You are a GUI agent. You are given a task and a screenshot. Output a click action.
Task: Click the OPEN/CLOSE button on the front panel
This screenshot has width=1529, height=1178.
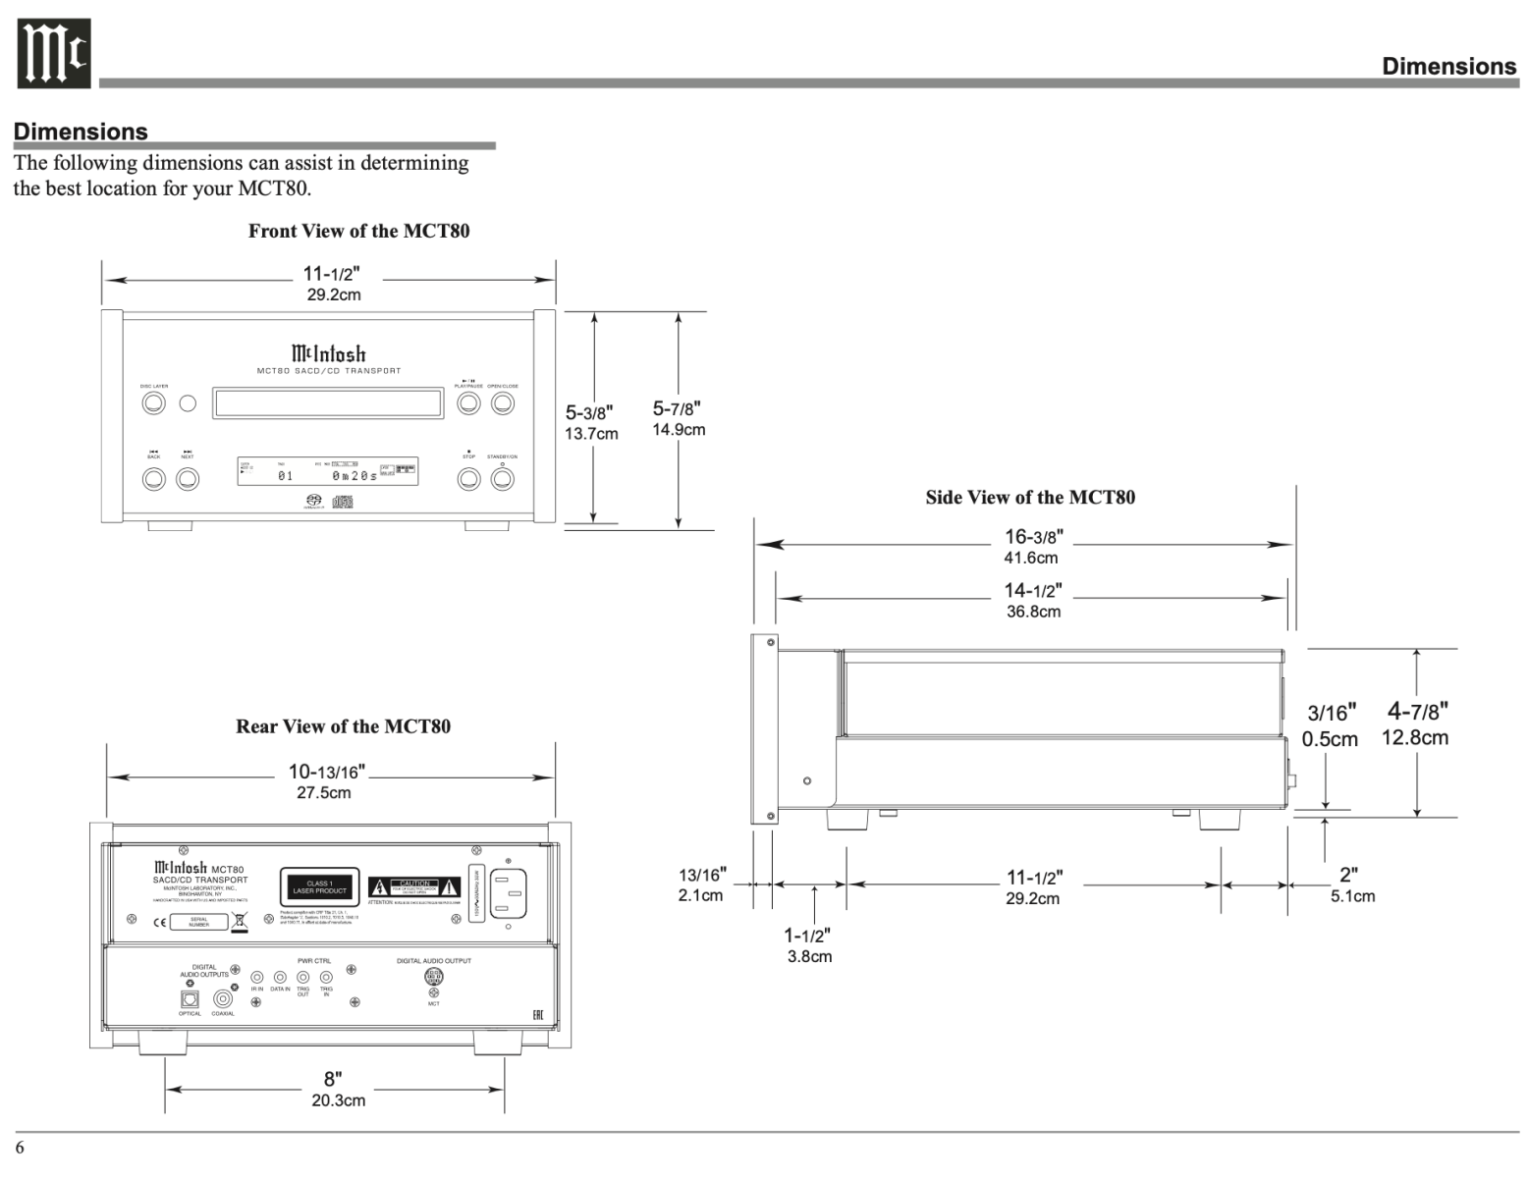(503, 402)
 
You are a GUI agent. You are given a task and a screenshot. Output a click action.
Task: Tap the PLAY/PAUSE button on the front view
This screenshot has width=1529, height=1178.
(469, 402)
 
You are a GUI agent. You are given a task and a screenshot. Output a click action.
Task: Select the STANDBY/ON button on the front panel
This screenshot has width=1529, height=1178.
(503, 478)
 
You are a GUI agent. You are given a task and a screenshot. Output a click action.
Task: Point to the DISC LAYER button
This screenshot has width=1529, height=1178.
(154, 402)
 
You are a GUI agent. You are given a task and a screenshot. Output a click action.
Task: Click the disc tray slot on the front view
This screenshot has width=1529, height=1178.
(327, 402)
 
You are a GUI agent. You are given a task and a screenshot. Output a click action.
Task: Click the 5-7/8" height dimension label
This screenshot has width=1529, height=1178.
(678, 417)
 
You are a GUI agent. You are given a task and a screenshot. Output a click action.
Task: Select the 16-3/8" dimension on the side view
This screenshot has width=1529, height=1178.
(1032, 546)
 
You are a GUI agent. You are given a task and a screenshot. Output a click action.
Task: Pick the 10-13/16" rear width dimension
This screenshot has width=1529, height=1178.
(324, 780)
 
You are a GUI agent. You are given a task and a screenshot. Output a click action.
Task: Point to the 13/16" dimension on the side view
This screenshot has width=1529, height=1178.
(701, 883)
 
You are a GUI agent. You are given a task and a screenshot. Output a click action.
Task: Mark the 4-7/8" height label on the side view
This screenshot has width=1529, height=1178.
(1415, 722)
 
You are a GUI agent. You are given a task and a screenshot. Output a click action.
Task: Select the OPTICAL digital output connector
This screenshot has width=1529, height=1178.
(190, 998)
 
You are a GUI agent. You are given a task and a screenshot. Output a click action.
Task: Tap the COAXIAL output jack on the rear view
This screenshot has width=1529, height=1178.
(224, 998)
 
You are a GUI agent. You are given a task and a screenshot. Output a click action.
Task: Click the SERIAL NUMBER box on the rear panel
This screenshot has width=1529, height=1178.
(199, 922)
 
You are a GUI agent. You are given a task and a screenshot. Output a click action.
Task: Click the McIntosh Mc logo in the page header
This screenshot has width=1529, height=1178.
(53, 53)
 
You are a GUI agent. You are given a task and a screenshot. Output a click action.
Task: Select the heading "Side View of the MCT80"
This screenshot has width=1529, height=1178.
(1029, 497)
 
